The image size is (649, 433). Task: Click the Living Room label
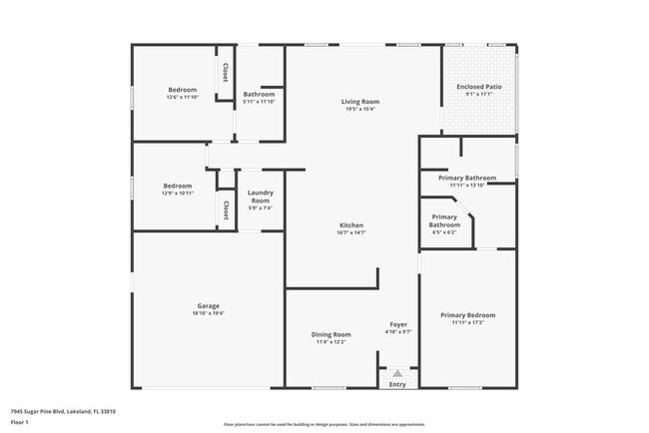[x=359, y=102]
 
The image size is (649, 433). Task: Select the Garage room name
[x=208, y=305]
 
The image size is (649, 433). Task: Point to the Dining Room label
[x=330, y=334]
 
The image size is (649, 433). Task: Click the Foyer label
[x=397, y=325]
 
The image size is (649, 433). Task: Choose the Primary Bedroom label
[x=467, y=315]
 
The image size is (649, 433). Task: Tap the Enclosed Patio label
[x=480, y=87]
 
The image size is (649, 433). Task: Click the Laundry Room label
[x=261, y=197]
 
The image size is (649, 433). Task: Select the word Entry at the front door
[x=397, y=384]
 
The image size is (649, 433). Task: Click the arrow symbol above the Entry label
[x=397, y=373]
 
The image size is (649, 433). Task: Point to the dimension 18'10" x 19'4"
[x=208, y=313]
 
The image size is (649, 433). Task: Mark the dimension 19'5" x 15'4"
[x=359, y=110]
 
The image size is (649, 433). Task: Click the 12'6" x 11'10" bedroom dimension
[x=182, y=98]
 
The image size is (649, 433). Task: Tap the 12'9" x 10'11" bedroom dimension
[x=178, y=194]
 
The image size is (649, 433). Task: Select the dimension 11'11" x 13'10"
[x=467, y=185]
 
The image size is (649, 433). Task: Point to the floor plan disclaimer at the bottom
[x=324, y=424]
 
